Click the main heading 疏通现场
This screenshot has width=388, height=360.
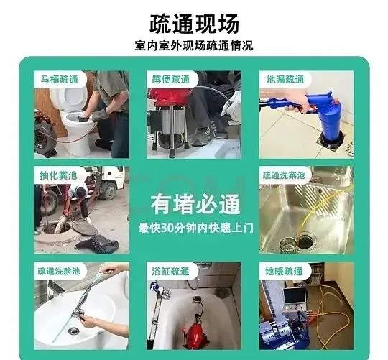tap(194, 24)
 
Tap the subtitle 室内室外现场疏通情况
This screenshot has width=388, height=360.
tap(194, 46)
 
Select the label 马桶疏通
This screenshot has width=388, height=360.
tap(60, 80)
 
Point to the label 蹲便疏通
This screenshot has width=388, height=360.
tap(171, 80)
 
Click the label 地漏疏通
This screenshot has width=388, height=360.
tap(285, 80)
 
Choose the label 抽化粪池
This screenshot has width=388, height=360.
tap(58, 175)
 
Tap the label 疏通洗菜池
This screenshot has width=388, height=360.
tap(284, 175)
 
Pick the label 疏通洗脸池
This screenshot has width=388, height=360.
tap(59, 271)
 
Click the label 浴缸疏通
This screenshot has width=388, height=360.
tap(170, 272)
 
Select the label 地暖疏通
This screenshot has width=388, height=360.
tap(284, 272)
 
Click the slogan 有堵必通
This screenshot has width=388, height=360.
tap(195, 204)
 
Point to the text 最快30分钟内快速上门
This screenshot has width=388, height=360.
tap(195, 228)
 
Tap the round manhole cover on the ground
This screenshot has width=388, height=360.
tap(85, 228)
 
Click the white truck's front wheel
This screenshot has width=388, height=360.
tap(108, 191)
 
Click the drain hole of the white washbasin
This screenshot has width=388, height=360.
tap(73, 331)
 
